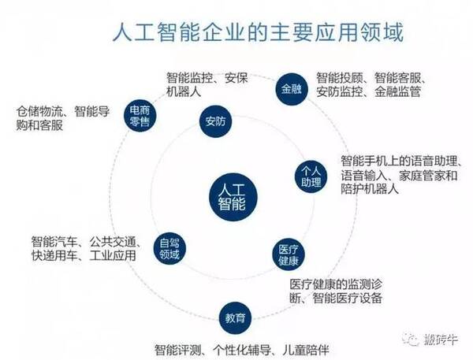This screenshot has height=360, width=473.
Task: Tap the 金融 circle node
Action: [x=287, y=87]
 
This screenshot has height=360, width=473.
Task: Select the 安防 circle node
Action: [x=214, y=123]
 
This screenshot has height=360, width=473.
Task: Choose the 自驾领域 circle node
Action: [x=169, y=249]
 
